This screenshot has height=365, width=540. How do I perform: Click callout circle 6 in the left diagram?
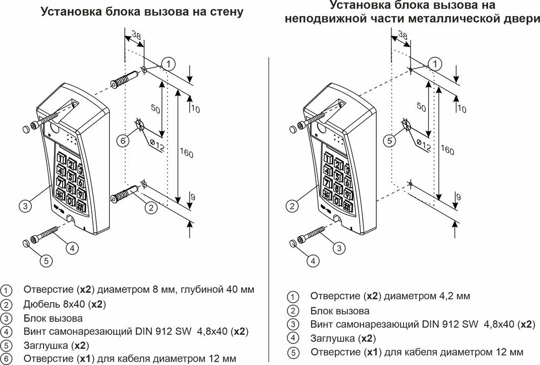[123, 141]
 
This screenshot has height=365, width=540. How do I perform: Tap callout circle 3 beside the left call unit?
[25, 205]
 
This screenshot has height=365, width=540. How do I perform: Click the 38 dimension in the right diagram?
[402, 36]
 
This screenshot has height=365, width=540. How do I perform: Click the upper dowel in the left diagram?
[125, 79]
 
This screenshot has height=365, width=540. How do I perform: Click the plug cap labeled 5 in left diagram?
[26, 244]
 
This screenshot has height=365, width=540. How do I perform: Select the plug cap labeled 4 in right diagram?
[294, 244]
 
